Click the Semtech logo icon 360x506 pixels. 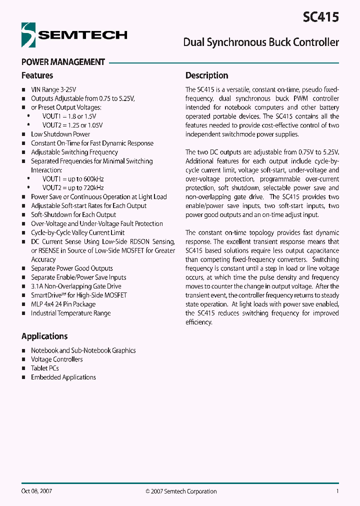coord(29,34)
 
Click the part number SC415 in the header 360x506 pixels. coord(320,17)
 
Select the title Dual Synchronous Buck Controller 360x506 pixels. coord(261,42)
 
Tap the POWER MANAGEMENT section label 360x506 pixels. coord(63,62)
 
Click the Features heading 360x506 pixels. coord(37,75)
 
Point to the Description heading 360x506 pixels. coord(206,75)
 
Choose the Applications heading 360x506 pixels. coord(44,336)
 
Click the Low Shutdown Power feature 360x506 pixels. coord(60,134)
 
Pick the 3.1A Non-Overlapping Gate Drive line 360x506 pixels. coord(76,286)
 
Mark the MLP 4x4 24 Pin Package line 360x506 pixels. coord(63,304)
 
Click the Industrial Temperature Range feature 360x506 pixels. coord(70,313)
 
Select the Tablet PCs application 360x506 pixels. coord(45,368)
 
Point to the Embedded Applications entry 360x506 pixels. coord(63,377)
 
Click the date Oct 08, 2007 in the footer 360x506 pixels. coord(36,491)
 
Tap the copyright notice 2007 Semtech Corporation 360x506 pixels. coord(181,491)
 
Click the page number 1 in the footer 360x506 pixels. coord(337,491)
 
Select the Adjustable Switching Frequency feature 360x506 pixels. coord(74,152)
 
